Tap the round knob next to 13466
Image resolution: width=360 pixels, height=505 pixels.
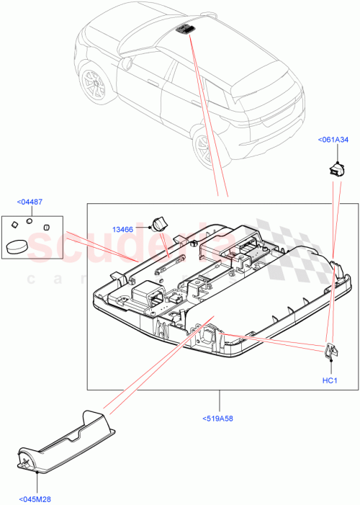pos(160,222)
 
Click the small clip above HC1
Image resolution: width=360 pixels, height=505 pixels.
pos(328,351)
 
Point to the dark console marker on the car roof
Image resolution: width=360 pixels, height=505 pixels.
pos(186,28)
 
